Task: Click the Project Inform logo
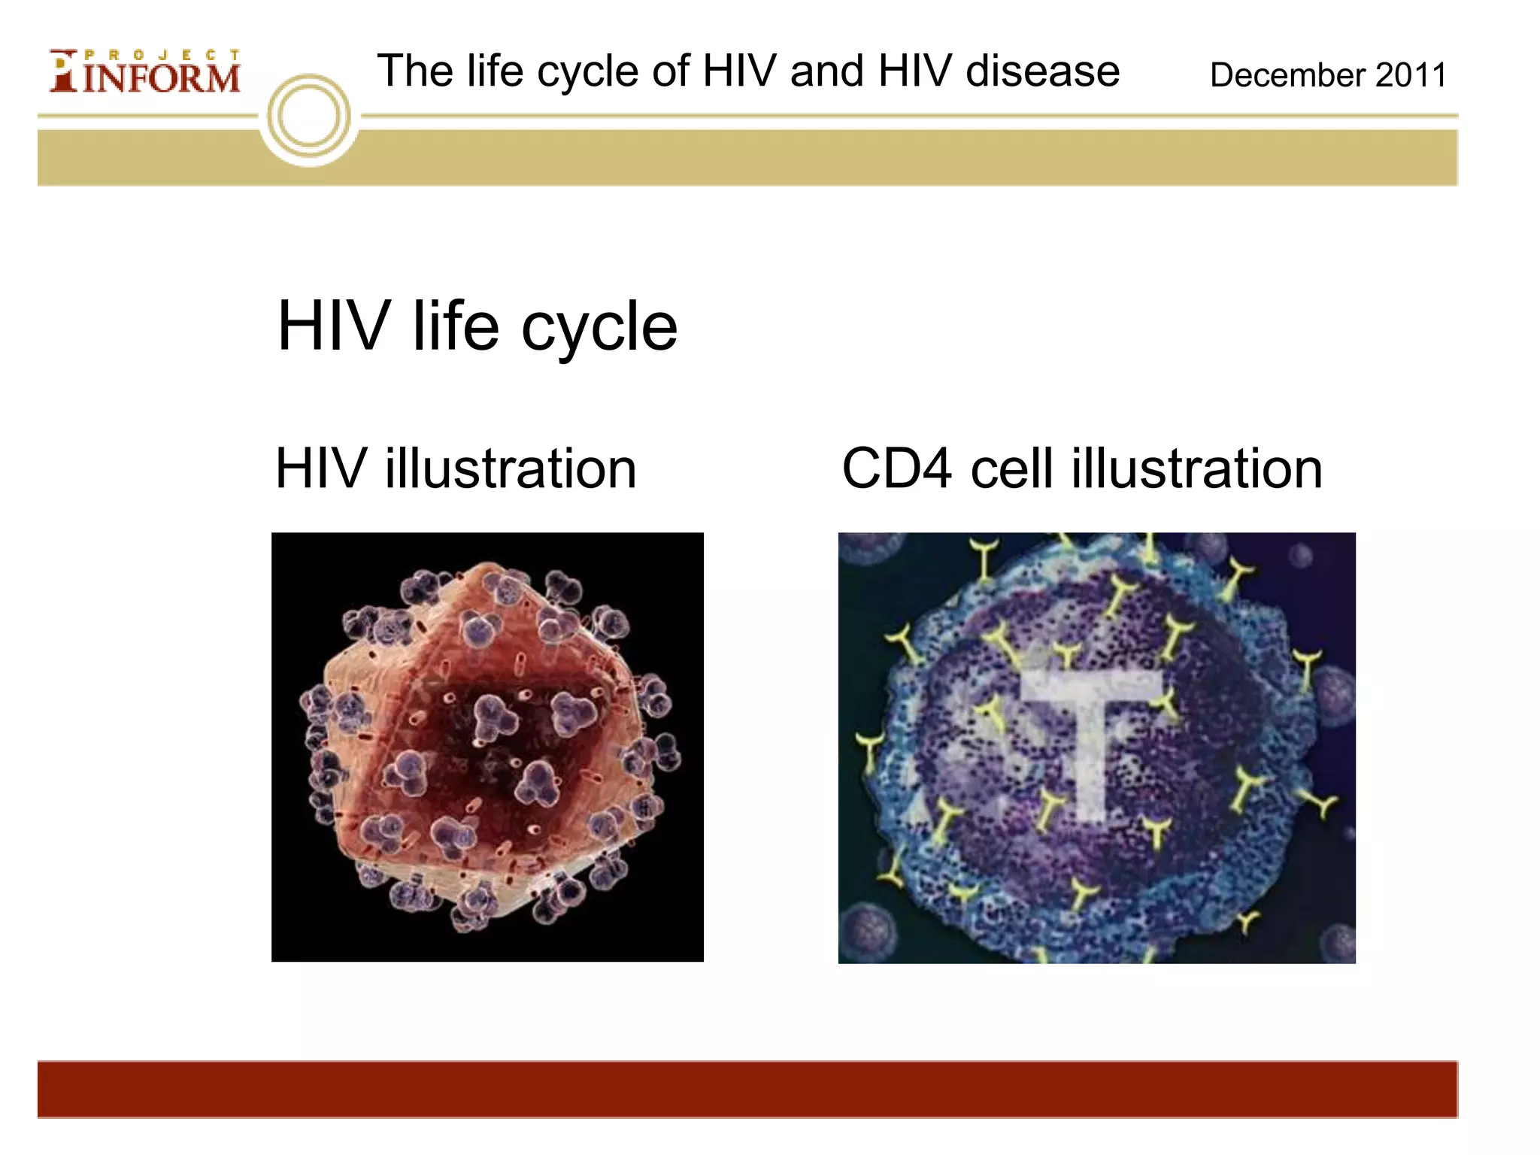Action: [145, 72]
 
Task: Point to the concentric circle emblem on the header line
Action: [309, 117]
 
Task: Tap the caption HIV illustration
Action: [456, 468]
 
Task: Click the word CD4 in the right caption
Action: [896, 468]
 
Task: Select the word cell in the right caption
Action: [1011, 468]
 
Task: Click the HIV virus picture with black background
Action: [487, 747]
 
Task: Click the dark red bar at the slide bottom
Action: [747, 1089]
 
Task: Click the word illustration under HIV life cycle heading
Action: [511, 468]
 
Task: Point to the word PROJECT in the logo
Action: [162, 55]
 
